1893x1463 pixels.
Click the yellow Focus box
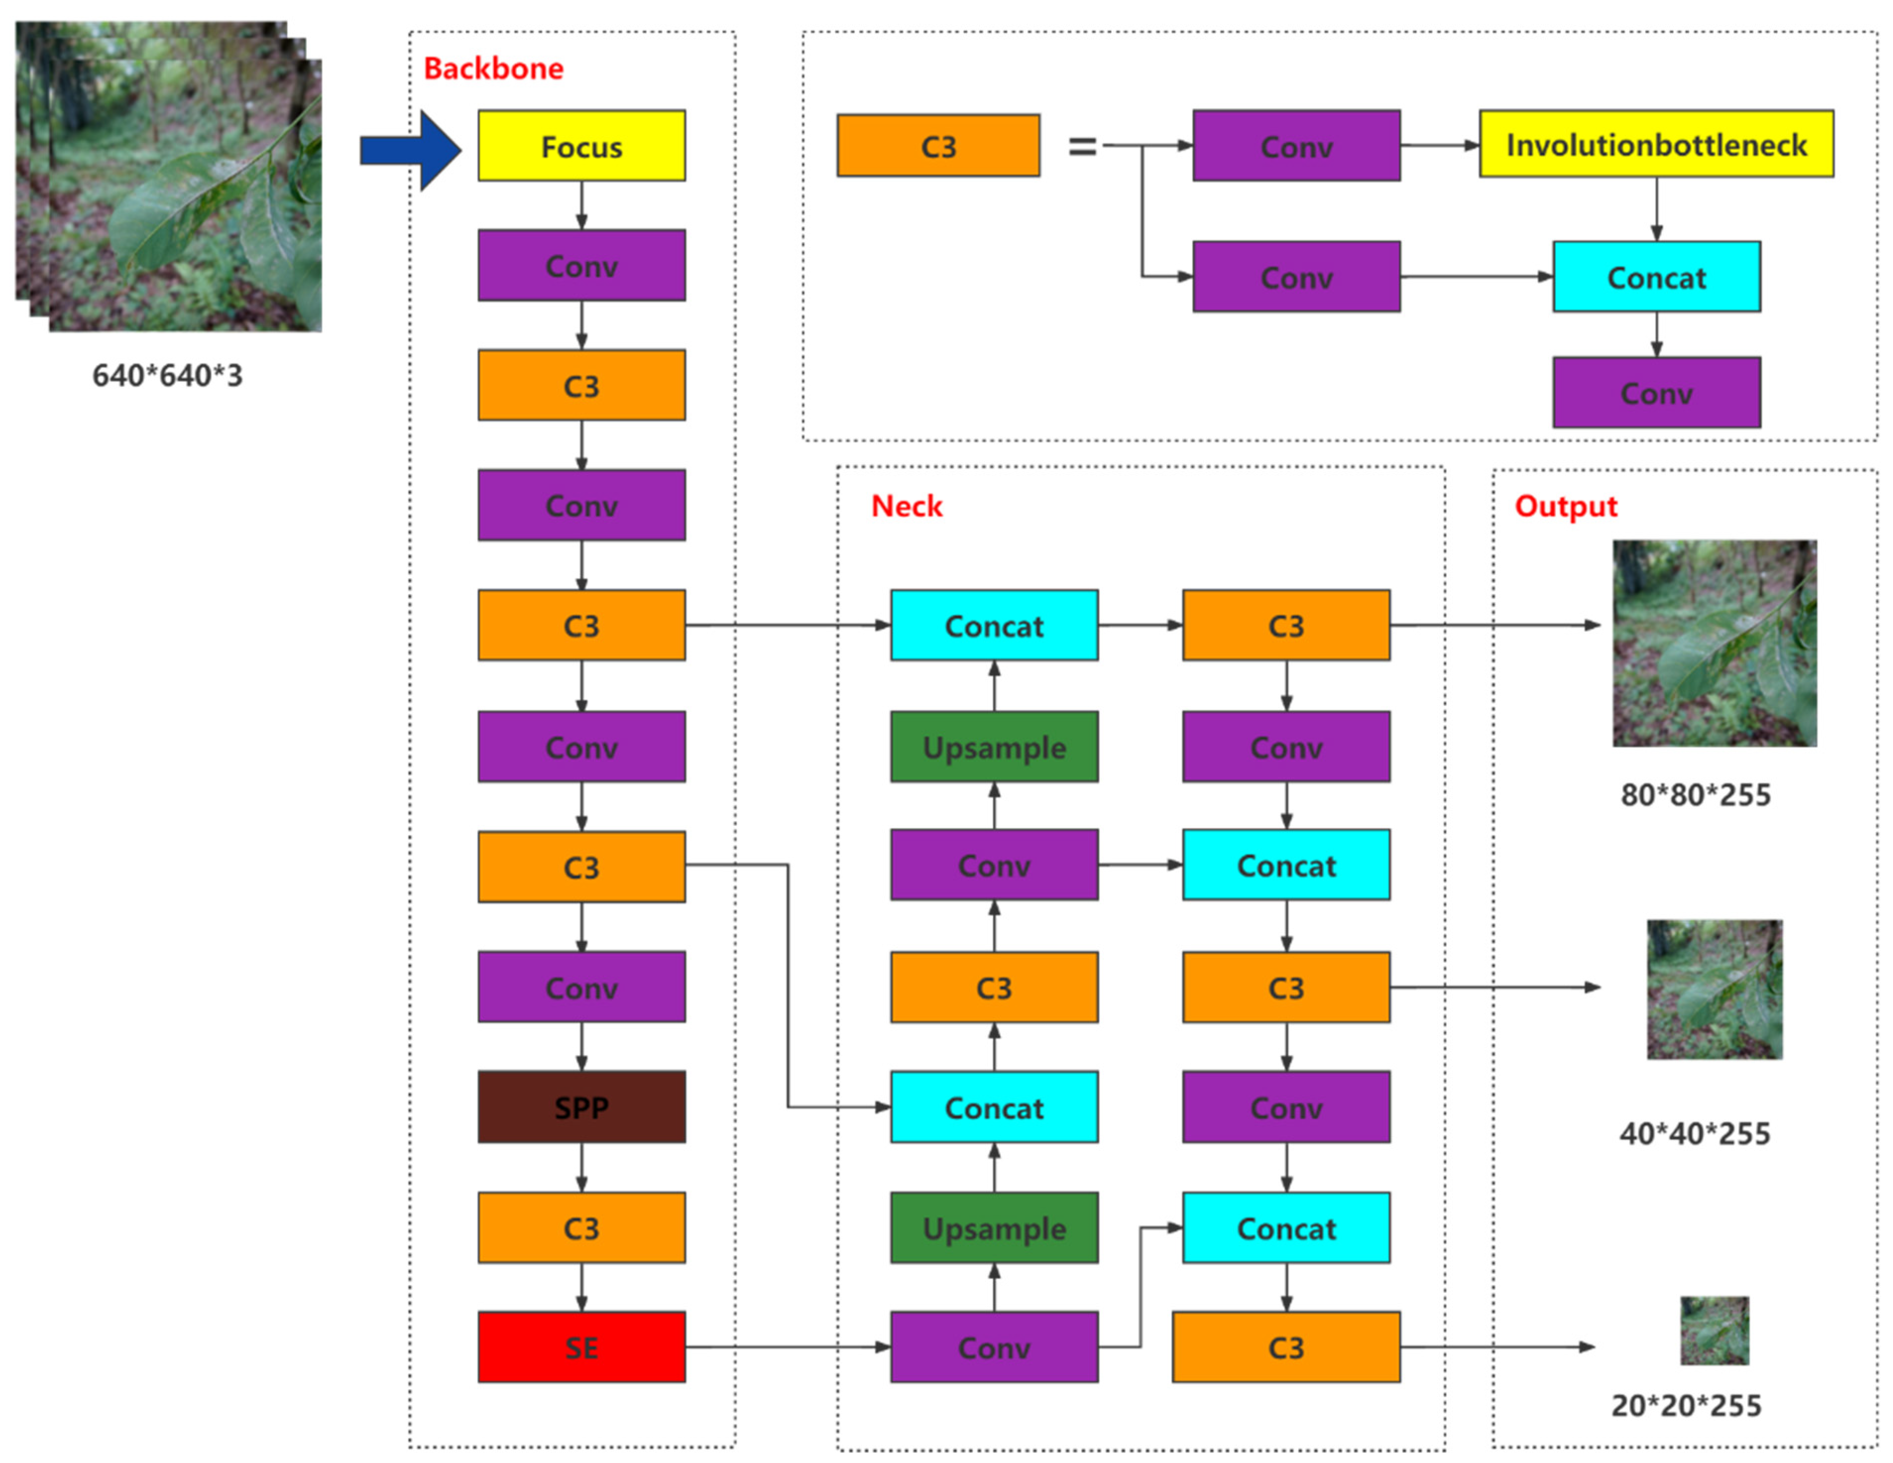point(581,146)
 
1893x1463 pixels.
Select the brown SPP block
point(581,1106)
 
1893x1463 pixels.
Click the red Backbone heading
point(493,68)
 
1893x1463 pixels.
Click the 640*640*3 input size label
point(167,375)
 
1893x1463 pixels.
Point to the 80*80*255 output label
point(1695,794)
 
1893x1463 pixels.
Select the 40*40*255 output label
point(1695,1133)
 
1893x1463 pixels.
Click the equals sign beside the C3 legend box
point(1082,146)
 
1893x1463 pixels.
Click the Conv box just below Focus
point(581,265)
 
